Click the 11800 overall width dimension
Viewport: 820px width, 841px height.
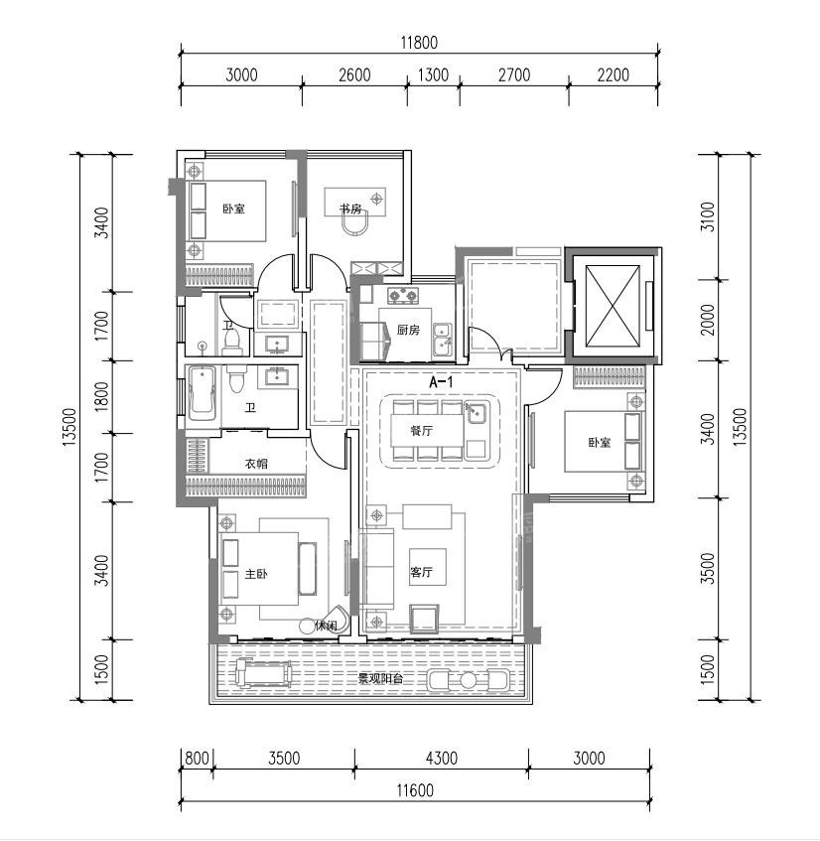[419, 43]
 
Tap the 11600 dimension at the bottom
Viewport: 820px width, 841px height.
[415, 790]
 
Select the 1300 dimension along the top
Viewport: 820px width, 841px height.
[433, 74]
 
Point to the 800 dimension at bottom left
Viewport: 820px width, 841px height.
[197, 759]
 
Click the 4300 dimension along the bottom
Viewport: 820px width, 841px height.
[442, 759]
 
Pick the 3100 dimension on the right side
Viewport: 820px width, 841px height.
[709, 216]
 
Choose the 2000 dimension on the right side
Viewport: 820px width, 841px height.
[709, 320]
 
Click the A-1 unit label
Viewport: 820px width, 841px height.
[442, 382]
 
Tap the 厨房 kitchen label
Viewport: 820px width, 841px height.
[408, 330]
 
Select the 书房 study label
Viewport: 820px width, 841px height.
[350, 209]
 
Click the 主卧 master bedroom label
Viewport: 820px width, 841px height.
[256, 574]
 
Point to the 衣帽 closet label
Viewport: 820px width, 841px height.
[256, 464]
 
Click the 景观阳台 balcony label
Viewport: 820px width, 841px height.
[380, 679]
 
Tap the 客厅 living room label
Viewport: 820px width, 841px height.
[422, 572]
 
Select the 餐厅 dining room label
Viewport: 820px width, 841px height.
[422, 430]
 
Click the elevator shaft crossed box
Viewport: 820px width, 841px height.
[613, 306]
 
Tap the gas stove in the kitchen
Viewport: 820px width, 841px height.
[403, 295]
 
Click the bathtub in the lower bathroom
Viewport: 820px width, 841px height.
[202, 392]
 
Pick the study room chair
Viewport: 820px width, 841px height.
[355, 223]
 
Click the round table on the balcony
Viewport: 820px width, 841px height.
[469, 680]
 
